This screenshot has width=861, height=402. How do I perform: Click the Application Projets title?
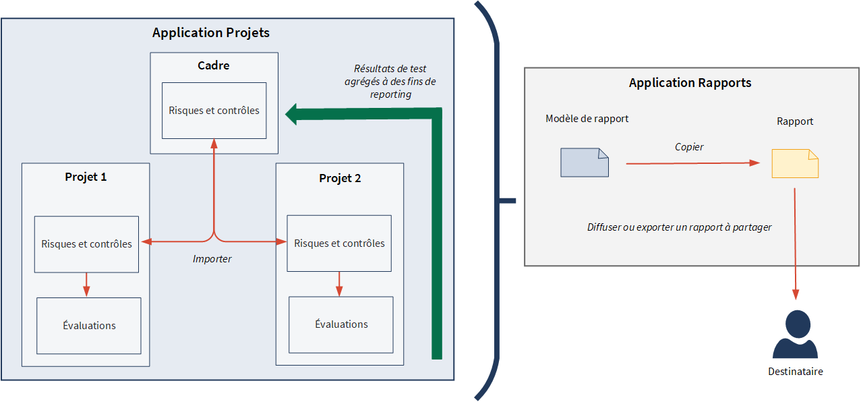(210, 32)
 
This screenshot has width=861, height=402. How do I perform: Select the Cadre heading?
(213, 65)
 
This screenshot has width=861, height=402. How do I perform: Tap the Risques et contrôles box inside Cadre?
(214, 111)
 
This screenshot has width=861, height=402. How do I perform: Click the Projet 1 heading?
(86, 177)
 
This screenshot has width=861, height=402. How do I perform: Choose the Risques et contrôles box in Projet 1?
(86, 244)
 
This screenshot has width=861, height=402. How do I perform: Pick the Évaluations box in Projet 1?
(89, 326)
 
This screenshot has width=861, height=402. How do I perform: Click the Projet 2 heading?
(340, 179)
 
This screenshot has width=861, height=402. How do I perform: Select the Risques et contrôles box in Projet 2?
(339, 243)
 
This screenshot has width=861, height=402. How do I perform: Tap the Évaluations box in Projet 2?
(341, 324)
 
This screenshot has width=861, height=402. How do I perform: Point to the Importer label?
(212, 259)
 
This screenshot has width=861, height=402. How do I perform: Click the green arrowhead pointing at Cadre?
(292, 114)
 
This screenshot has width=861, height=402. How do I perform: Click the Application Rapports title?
(690, 83)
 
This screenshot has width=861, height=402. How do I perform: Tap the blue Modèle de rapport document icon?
(585, 163)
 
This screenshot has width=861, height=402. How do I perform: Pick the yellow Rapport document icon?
(795, 163)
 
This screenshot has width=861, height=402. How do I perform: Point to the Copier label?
(689, 147)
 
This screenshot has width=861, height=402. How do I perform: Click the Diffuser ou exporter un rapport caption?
(679, 227)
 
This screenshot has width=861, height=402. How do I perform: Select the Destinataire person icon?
(795, 335)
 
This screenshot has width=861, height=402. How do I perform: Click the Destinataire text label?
(796, 372)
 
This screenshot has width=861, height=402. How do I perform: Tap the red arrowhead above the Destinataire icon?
(796, 294)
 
